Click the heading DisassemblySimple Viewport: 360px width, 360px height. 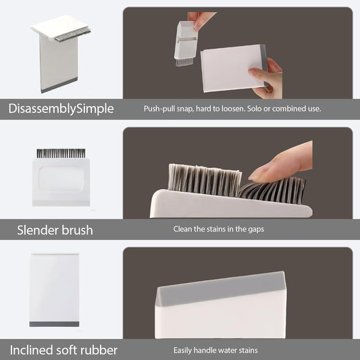point(61,109)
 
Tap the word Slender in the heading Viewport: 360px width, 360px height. point(37,230)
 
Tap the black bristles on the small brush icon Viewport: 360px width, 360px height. point(61,153)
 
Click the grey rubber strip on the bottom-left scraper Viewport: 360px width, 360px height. point(54,324)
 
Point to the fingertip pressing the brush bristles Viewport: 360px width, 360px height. point(258,174)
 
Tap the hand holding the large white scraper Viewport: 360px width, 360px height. point(266,79)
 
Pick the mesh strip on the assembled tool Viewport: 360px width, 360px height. point(72,35)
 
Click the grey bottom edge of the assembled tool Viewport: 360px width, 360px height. point(59,85)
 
